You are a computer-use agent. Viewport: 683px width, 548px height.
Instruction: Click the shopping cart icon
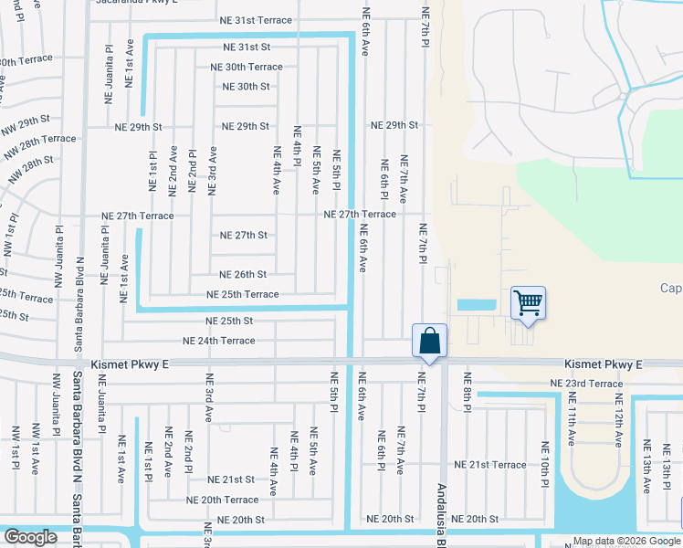tap(529, 302)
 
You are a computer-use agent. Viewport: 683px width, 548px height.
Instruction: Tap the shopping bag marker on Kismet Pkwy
tap(430, 342)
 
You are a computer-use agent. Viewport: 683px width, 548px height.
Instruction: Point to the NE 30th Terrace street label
tap(247, 67)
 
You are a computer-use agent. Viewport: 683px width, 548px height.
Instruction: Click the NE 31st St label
tap(247, 47)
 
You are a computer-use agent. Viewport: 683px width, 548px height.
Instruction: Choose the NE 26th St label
tap(243, 274)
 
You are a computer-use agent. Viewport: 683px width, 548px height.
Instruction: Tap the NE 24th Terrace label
tap(219, 341)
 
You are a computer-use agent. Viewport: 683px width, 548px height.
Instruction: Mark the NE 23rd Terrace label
tap(586, 384)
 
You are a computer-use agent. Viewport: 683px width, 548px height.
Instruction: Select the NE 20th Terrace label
tap(223, 500)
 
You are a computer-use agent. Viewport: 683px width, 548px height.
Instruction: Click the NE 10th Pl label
tap(544, 464)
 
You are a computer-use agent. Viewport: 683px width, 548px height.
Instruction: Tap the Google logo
tap(30, 537)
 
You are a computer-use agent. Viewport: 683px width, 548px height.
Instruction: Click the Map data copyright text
tap(625, 541)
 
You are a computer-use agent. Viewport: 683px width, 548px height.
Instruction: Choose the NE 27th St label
tap(244, 235)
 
